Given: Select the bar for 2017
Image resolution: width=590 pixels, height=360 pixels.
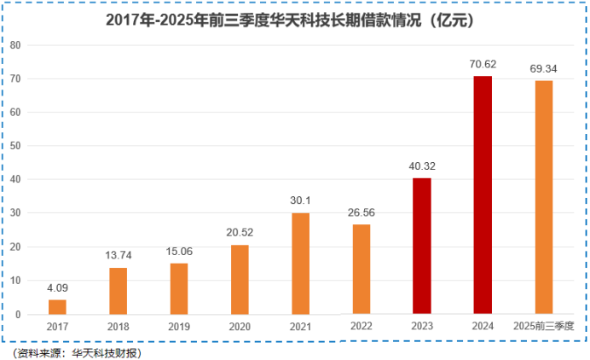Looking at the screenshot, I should [57, 307].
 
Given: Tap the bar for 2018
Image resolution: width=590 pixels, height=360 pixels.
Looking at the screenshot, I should [118, 291].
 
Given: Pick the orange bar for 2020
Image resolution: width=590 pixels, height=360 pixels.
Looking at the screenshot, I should [240, 280].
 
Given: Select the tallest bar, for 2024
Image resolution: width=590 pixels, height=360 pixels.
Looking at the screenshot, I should [483, 195].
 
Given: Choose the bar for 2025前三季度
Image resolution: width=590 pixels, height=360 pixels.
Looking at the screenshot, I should [544, 197].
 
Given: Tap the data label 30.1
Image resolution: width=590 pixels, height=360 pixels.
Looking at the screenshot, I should [301, 199].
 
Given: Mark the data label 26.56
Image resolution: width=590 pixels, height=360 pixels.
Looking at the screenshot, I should [362, 211].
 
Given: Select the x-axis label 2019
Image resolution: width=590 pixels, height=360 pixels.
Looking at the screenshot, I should [179, 327].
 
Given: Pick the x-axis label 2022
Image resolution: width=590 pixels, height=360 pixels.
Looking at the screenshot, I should [362, 326].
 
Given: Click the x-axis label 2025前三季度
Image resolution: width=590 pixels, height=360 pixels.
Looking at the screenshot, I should [544, 326].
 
